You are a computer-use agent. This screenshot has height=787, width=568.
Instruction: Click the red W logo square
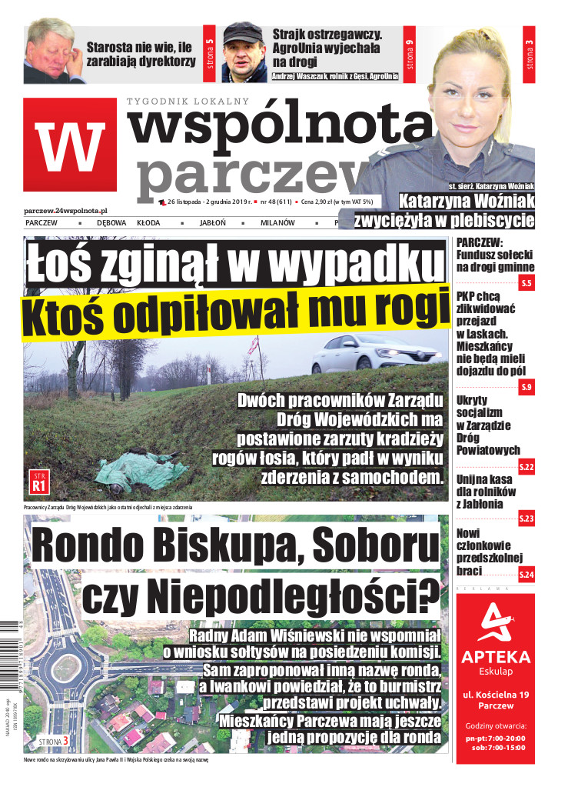point(70,145)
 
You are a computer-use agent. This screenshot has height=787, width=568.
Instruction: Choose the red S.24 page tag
point(526,574)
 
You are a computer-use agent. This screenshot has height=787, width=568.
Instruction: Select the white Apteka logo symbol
point(495,622)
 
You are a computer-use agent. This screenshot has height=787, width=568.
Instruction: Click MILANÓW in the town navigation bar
point(277,222)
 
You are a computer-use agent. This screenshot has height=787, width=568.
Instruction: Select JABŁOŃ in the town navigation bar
point(211,222)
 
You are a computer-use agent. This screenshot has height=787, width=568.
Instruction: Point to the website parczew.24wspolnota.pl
point(66,210)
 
